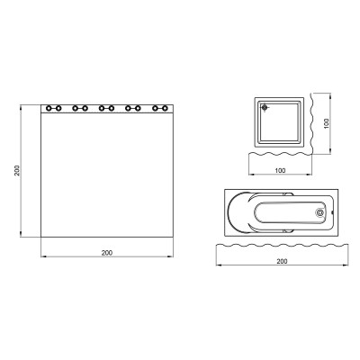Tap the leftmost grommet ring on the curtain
[x=48, y=108]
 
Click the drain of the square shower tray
[x=265, y=108]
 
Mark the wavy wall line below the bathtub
[x=281, y=243]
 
